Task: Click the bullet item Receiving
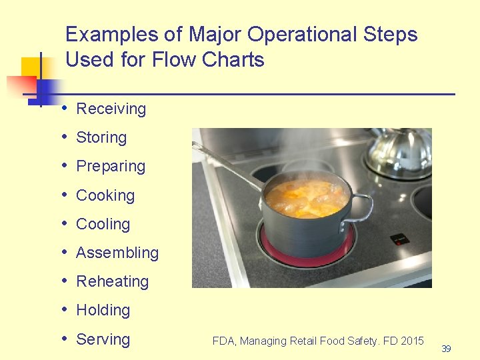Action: point(111,109)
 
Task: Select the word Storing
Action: point(101,137)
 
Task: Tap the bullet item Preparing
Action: point(111,166)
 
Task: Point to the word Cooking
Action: point(105,195)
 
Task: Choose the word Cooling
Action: point(103,224)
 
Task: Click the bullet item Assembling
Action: point(117,253)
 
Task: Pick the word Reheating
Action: point(112,281)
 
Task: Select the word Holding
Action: point(103,310)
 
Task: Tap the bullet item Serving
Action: point(103,339)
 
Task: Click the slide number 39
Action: point(446,349)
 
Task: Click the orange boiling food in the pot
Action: point(306,197)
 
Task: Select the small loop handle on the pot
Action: point(363,203)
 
